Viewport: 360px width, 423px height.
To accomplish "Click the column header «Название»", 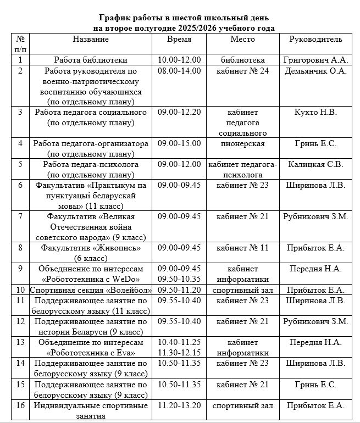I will pyautogui.click(x=91, y=39).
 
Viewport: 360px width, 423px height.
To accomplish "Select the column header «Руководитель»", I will pyautogui.click(x=315, y=39).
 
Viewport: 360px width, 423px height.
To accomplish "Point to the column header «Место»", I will pyautogui.click(x=242, y=39).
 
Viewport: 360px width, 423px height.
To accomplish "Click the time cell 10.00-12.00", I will pyautogui.click(x=179, y=60).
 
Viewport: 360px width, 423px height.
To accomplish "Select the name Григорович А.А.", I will pyautogui.click(x=315, y=60).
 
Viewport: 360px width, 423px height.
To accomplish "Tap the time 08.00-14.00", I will pyautogui.click(x=179, y=71).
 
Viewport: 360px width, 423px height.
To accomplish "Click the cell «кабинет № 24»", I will pyautogui.click(x=242, y=71).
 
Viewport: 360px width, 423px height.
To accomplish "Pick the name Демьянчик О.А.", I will pyautogui.click(x=315, y=71).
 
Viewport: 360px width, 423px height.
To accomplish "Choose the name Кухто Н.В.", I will pyautogui.click(x=315, y=112).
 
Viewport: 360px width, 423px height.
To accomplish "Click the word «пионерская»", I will pyautogui.click(x=242, y=143).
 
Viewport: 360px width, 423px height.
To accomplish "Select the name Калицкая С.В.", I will pyautogui.click(x=315, y=164).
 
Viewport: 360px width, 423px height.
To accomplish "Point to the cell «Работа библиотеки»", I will pyautogui.click(x=91, y=60).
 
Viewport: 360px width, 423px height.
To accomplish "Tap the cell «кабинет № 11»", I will pyautogui.click(x=242, y=248).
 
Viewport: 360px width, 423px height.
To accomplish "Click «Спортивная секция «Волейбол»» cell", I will pyautogui.click(x=91, y=290).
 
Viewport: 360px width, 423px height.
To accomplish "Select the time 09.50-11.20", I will pyautogui.click(x=179, y=290).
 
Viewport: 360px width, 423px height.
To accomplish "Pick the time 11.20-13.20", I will pyautogui.click(x=179, y=405).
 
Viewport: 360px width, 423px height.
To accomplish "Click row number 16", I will pyautogui.click(x=20, y=405).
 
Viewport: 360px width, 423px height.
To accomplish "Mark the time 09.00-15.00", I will pyautogui.click(x=179, y=143).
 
